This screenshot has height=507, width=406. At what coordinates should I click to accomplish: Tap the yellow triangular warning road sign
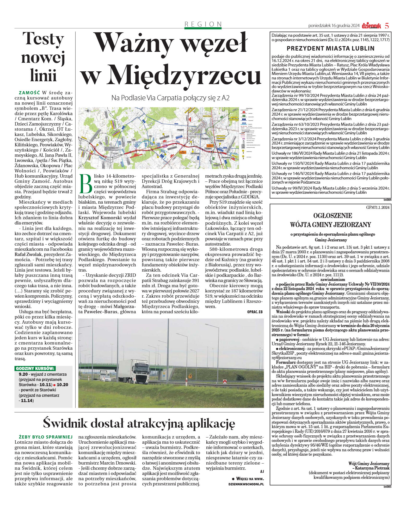tap(190, 376)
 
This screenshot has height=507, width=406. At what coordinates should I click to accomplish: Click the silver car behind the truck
tap(105, 375)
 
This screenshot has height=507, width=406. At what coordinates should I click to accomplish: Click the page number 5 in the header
tap(387, 26)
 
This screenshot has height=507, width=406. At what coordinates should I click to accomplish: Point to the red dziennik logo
tap(371, 26)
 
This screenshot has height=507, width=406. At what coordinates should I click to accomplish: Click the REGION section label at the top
tap(203, 24)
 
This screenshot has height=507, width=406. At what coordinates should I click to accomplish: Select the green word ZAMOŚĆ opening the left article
tap(29, 93)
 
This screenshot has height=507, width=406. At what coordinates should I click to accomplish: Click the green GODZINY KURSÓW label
tap(35, 368)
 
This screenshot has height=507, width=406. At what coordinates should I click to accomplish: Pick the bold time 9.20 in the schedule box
tap(23, 374)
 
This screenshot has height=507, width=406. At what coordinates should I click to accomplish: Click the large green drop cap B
tap(87, 184)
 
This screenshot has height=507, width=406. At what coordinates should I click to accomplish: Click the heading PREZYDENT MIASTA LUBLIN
tap(330, 48)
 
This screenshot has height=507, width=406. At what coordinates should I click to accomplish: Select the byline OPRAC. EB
tap(255, 312)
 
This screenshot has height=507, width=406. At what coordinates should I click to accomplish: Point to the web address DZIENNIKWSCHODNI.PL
tap(246, 484)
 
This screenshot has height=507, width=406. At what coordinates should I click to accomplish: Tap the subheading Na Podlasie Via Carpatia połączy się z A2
tap(170, 98)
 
